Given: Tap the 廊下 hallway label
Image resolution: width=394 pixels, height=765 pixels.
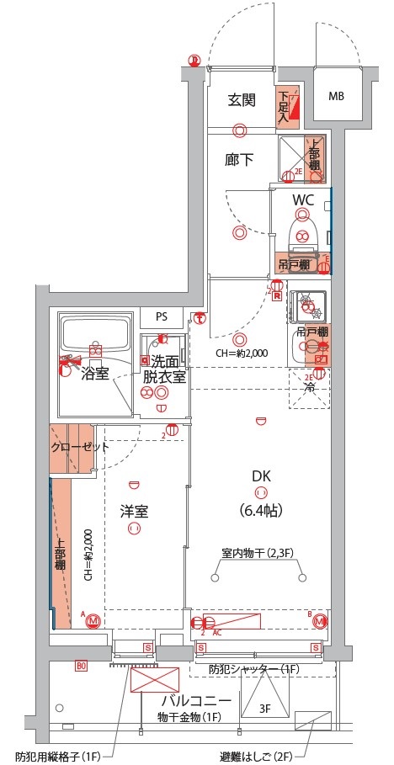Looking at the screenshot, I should tap(240, 159).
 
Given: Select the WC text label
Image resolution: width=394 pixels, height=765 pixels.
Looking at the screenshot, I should tap(303, 199).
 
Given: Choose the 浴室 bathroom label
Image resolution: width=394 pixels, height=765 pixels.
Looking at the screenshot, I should tap(94, 373).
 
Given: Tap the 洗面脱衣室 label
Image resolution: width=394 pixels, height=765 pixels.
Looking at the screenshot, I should tap(163, 369).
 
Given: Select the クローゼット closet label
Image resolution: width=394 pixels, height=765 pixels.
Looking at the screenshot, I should tap(79, 447).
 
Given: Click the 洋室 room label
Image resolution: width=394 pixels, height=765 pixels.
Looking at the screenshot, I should tap(133, 510).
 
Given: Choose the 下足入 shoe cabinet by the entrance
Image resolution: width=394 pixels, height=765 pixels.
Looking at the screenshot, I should tap(284, 106).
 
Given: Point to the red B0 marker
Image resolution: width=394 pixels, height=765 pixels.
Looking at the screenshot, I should tap(82, 666).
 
